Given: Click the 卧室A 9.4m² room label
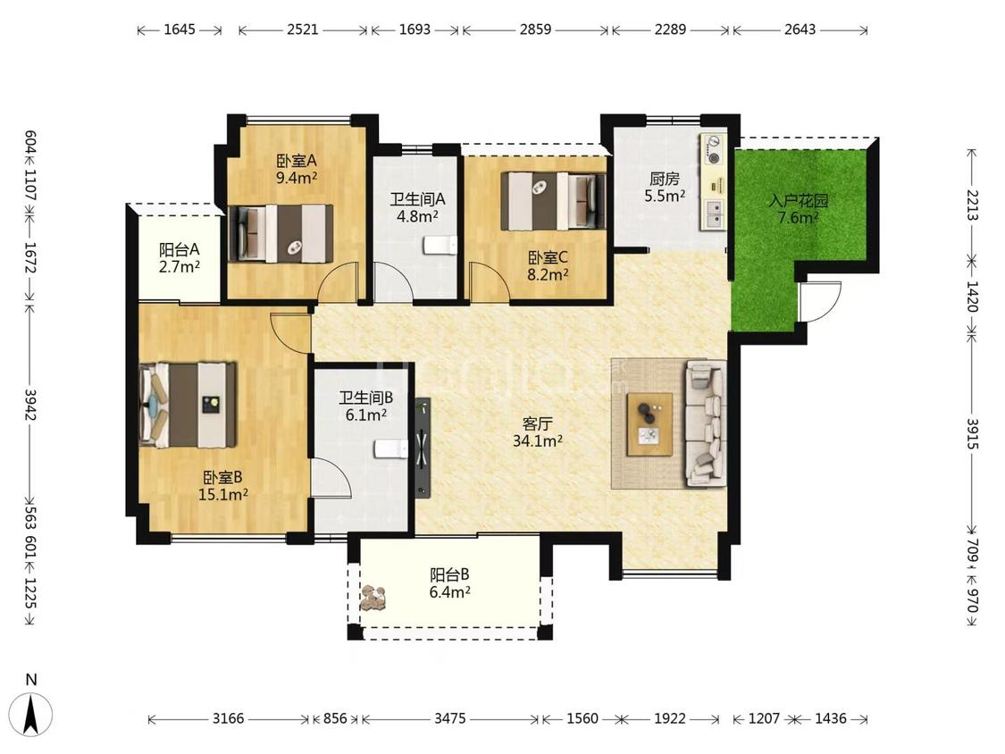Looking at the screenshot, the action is pyautogui.click(x=296, y=169).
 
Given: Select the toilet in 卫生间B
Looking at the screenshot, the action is pyautogui.click(x=391, y=448).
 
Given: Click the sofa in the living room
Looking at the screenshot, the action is pyautogui.click(x=707, y=423).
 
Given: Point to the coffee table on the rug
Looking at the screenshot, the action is pyautogui.click(x=650, y=424).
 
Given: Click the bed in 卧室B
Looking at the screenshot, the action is pyautogui.click(x=188, y=405).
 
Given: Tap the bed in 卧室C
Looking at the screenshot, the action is pyautogui.click(x=553, y=201).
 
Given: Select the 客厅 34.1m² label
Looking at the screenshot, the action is pyautogui.click(x=538, y=432).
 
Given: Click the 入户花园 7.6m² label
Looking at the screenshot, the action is pyautogui.click(x=798, y=209).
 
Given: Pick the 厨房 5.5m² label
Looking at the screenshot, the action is pyautogui.click(x=664, y=188).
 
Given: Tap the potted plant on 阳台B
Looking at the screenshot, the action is pyautogui.click(x=373, y=599).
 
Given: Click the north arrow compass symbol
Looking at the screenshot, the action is pyautogui.click(x=30, y=714).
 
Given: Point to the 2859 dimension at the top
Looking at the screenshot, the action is pyautogui.click(x=535, y=29).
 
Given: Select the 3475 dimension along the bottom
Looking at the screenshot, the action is pyautogui.click(x=450, y=719).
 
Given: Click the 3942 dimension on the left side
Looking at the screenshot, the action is pyautogui.click(x=30, y=405).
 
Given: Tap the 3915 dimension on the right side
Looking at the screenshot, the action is pyautogui.click(x=972, y=435).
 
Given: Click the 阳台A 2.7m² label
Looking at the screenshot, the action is pyautogui.click(x=180, y=258).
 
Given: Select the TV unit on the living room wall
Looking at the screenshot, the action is pyautogui.click(x=423, y=448).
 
